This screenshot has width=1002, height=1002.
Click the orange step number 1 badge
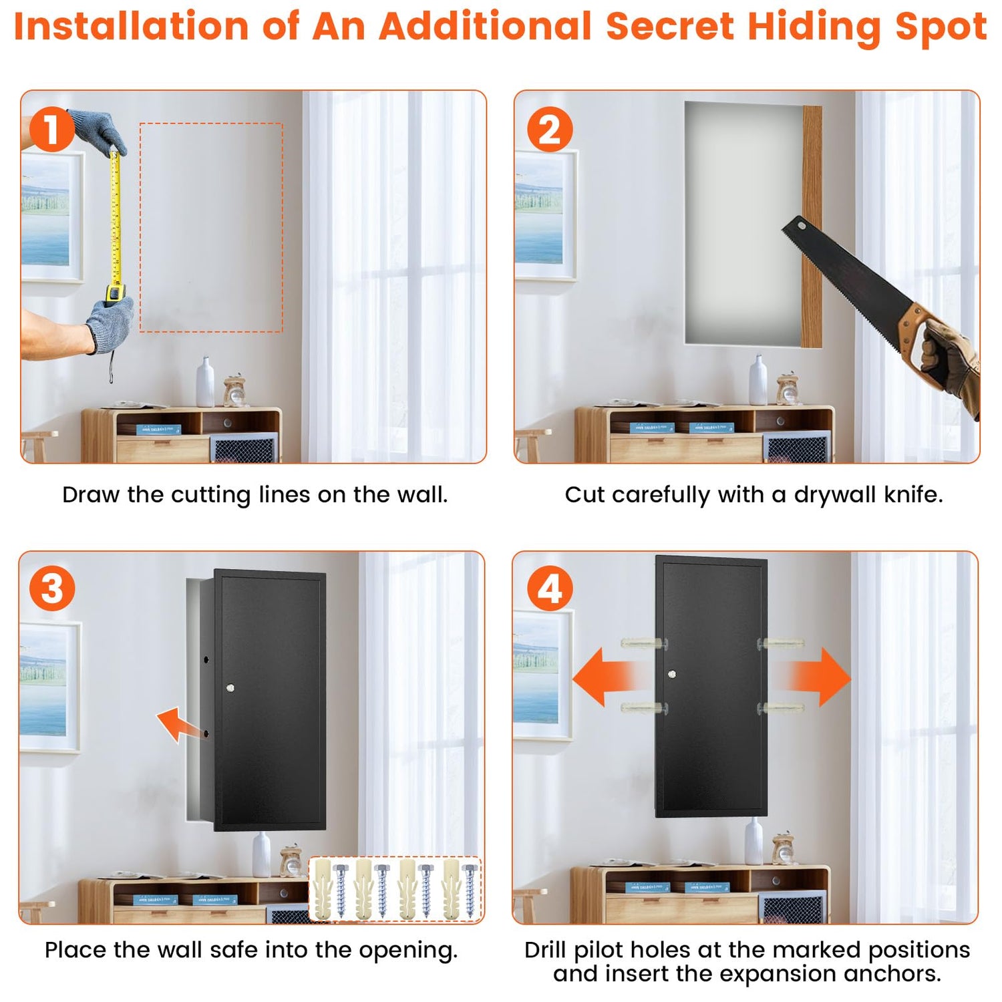click(51, 129)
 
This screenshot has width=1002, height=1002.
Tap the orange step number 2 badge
click(550, 129)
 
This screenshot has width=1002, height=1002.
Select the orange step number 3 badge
click(51, 589)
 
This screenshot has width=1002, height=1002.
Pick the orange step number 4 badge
click(550, 589)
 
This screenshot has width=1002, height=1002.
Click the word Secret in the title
click(669, 27)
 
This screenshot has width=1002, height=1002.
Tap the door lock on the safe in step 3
click(230, 687)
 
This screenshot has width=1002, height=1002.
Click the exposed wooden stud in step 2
click(812, 226)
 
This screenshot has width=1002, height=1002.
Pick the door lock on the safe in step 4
click(672, 674)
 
